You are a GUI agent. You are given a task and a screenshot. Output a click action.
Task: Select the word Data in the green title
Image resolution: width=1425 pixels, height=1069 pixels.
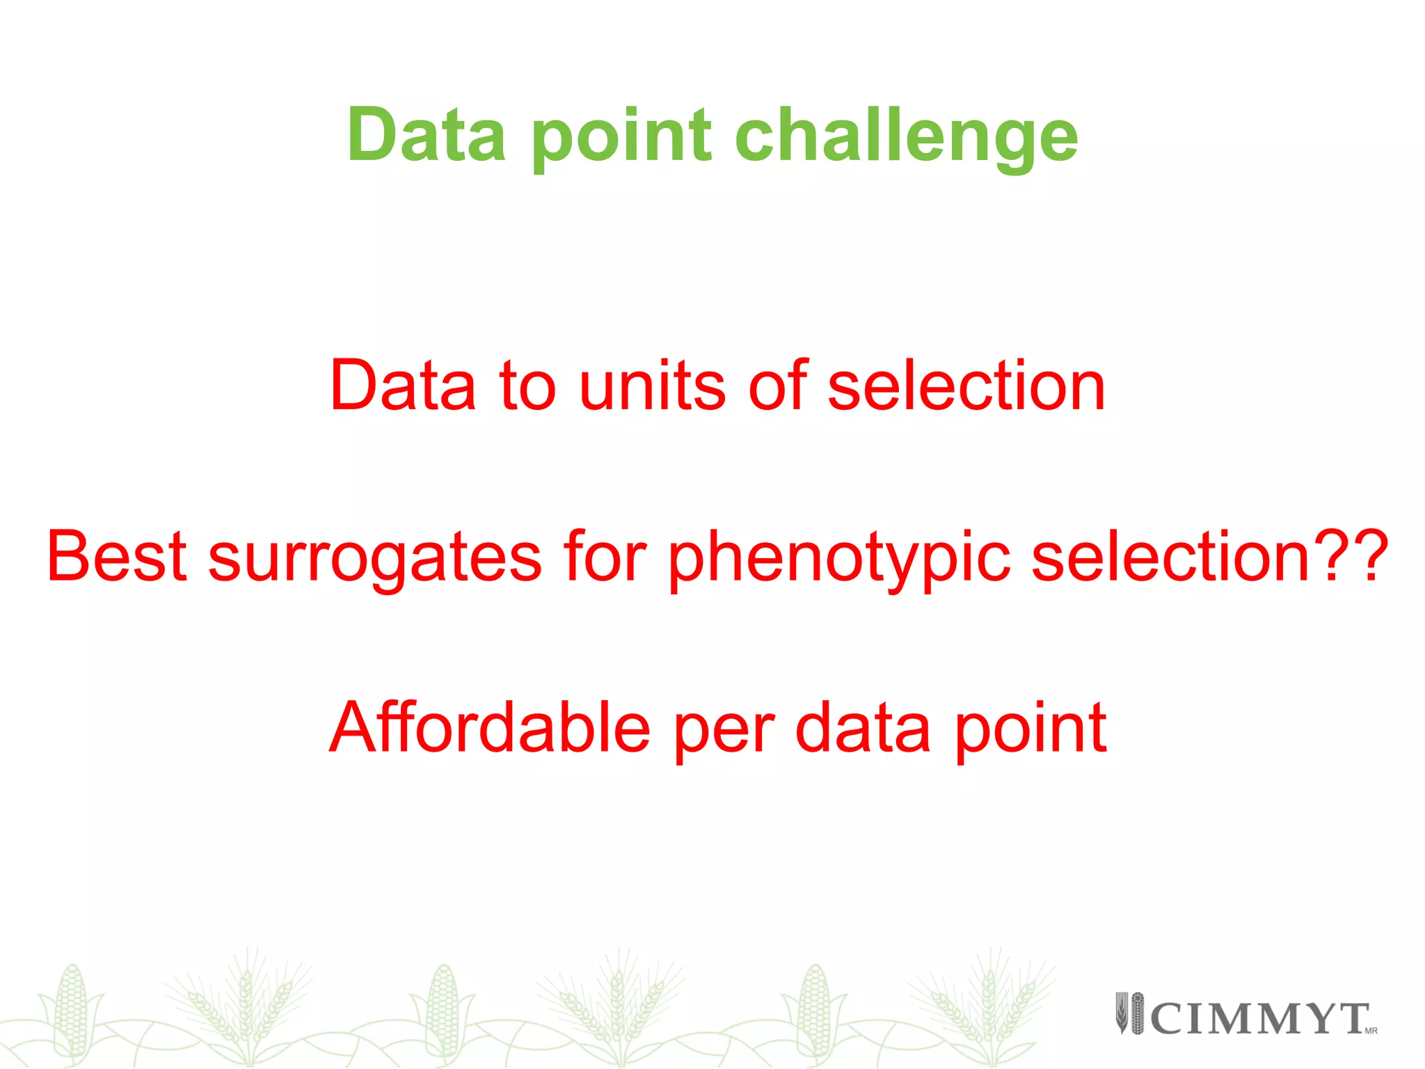click(x=426, y=135)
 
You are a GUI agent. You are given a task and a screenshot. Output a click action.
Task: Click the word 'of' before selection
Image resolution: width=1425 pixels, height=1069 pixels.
click(x=778, y=386)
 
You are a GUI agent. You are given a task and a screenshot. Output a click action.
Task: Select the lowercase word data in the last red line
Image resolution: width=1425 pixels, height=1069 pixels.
click(x=863, y=728)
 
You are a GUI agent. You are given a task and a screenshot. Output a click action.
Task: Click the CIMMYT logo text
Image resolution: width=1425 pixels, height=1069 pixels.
click(x=1259, y=1019)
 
